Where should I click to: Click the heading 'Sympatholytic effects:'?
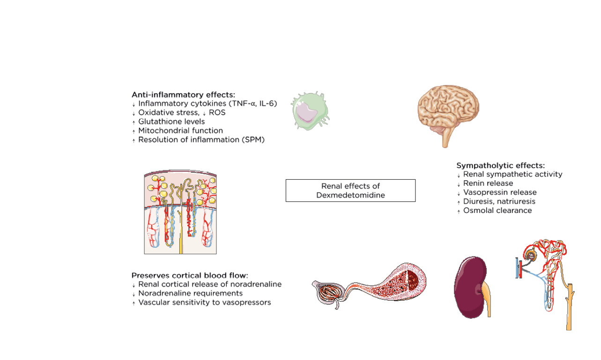500,165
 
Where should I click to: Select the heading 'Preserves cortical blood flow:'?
190,275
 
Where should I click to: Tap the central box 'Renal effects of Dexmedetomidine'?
350,191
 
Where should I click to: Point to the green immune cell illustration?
309,111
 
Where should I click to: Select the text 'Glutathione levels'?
171,122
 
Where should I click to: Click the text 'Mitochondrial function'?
180,131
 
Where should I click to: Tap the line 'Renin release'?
488,183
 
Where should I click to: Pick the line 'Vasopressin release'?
499,192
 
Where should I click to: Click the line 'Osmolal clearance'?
497,211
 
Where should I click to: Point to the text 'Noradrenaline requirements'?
190,294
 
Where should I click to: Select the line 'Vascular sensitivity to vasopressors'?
204,302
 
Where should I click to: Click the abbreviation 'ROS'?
217,113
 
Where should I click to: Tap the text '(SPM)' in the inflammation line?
253,140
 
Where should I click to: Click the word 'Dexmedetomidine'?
350,195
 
